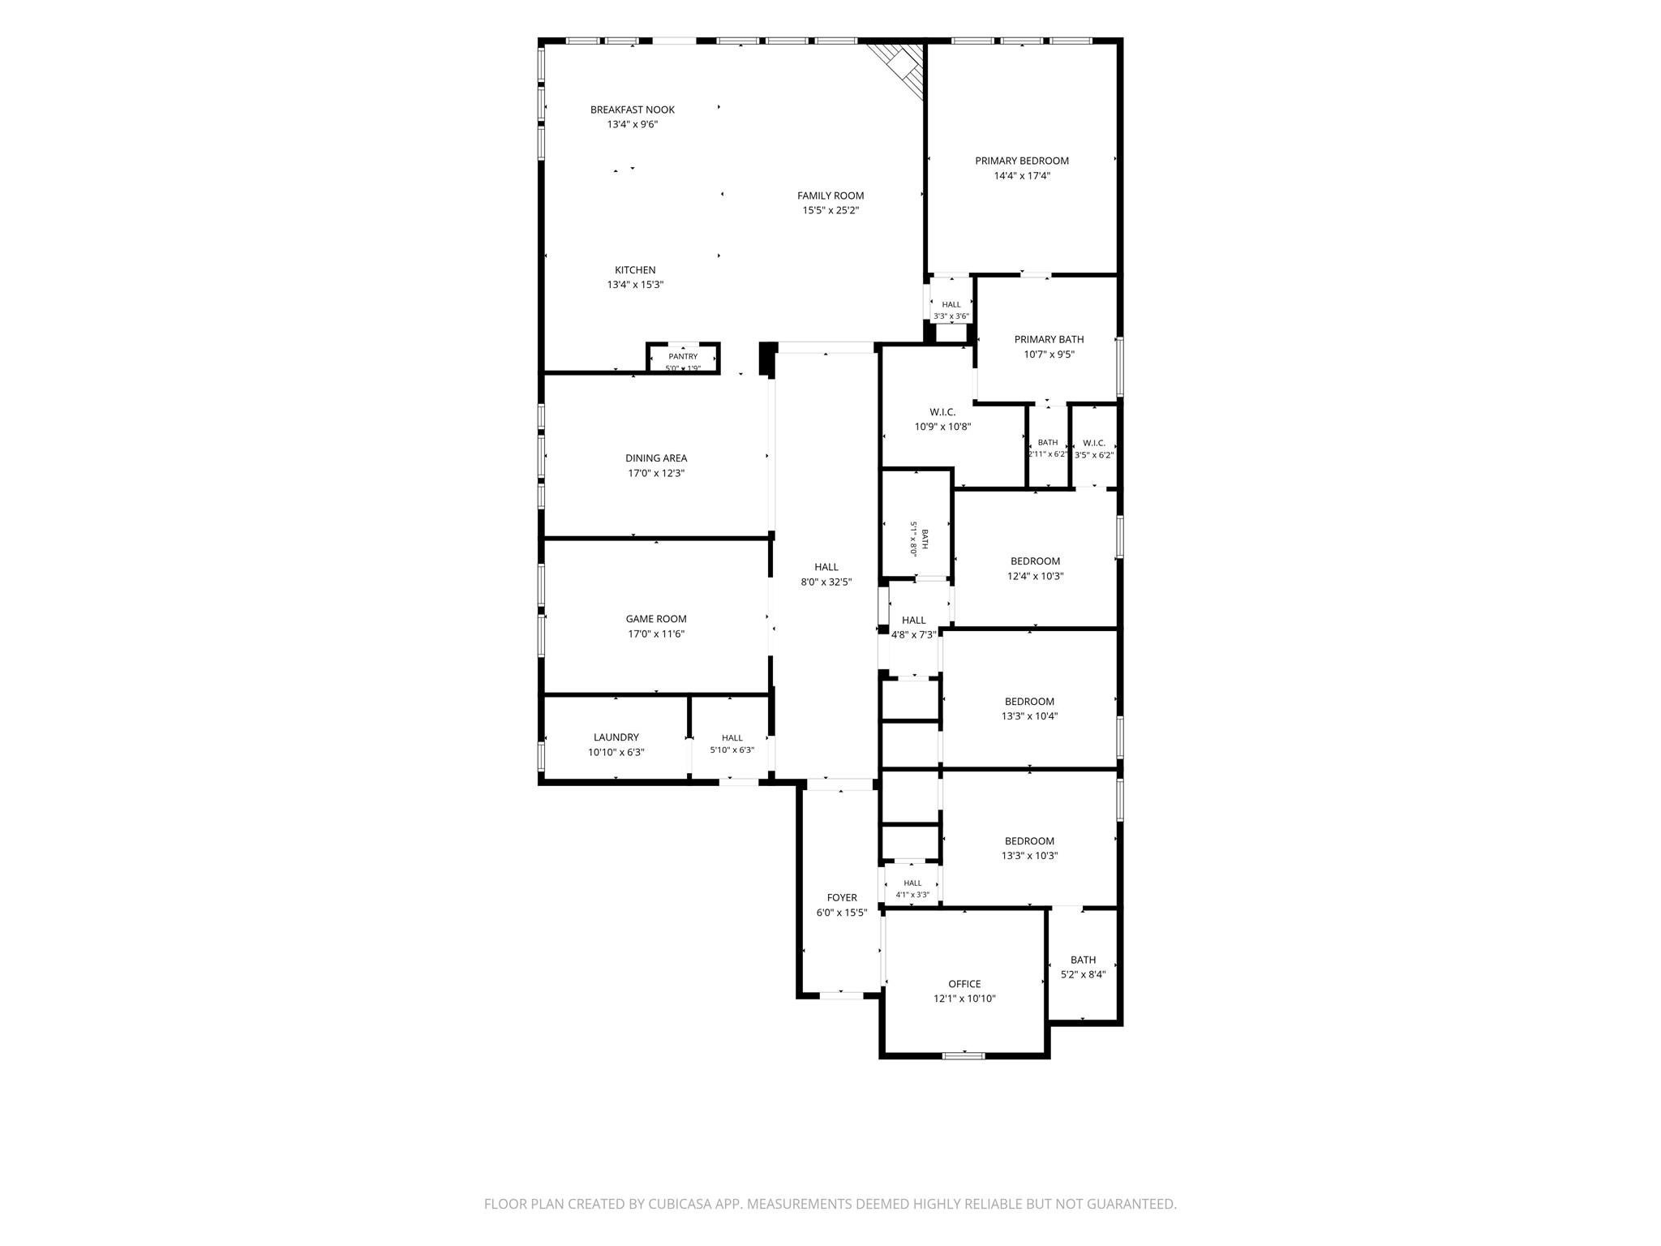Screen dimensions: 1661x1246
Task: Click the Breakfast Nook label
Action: tap(633, 110)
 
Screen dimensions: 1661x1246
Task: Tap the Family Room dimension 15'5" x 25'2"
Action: tap(830, 210)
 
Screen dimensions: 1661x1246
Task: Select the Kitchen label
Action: tap(635, 270)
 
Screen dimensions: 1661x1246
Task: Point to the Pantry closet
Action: tap(683, 358)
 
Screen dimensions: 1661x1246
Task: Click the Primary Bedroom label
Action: tap(1022, 161)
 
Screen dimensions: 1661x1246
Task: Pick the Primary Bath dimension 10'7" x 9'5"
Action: tap(1049, 354)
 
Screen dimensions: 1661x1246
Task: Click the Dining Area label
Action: tap(656, 458)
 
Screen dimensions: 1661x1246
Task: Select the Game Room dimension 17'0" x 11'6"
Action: tap(656, 634)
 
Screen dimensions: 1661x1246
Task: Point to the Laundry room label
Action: tap(616, 737)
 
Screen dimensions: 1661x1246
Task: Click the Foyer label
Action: tap(842, 898)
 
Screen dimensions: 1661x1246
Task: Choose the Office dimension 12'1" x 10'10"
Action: tap(964, 999)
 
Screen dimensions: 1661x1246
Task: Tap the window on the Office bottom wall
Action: tap(964, 1055)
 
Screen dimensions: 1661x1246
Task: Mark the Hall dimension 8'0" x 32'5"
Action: tap(826, 582)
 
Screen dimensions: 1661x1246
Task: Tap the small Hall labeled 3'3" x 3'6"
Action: tap(951, 311)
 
